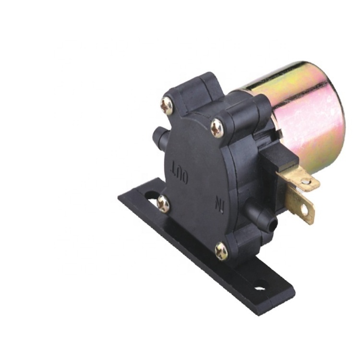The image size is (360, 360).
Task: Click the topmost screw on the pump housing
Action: [x=167, y=106]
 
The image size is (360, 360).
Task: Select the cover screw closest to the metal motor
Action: [x=217, y=128]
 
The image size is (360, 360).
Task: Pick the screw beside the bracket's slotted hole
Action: [x=163, y=204]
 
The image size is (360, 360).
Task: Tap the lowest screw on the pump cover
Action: [x=221, y=251]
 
